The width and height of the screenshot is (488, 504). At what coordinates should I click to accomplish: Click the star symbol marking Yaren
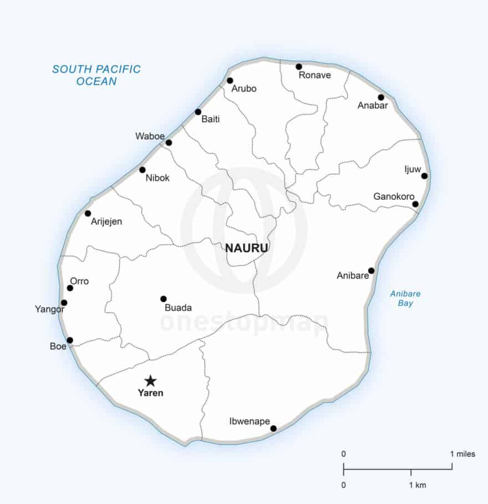[150, 381]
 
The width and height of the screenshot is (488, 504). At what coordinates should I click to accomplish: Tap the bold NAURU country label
[247, 248]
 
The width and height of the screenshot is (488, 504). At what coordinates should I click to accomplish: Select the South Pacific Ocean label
[96, 75]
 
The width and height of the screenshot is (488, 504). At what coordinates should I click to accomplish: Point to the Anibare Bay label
[405, 299]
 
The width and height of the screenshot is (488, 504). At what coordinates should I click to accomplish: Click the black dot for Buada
[164, 299]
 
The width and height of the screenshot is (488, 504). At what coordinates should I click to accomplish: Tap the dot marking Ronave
[299, 67]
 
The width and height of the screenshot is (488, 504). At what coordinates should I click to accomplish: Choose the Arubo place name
[244, 89]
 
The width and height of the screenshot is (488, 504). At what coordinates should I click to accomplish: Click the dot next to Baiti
[198, 112]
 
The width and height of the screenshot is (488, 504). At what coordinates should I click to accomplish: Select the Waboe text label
[149, 136]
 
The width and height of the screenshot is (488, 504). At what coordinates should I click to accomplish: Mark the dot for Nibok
[143, 170]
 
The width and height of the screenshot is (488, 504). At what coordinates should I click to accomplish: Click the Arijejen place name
[106, 221]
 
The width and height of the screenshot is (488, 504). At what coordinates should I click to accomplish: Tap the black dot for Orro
[70, 288]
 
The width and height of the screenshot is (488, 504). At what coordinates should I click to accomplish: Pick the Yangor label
[49, 309]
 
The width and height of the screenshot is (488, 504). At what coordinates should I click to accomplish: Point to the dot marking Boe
[70, 340]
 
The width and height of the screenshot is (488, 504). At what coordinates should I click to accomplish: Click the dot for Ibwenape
[273, 428]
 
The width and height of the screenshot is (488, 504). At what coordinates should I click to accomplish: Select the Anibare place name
[353, 275]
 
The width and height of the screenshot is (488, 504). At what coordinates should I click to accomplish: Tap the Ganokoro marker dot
[415, 204]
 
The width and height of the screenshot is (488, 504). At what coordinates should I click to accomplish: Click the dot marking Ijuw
[424, 176]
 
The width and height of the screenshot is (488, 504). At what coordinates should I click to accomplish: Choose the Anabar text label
[373, 105]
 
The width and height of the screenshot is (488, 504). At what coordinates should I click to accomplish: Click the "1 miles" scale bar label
[462, 454]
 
